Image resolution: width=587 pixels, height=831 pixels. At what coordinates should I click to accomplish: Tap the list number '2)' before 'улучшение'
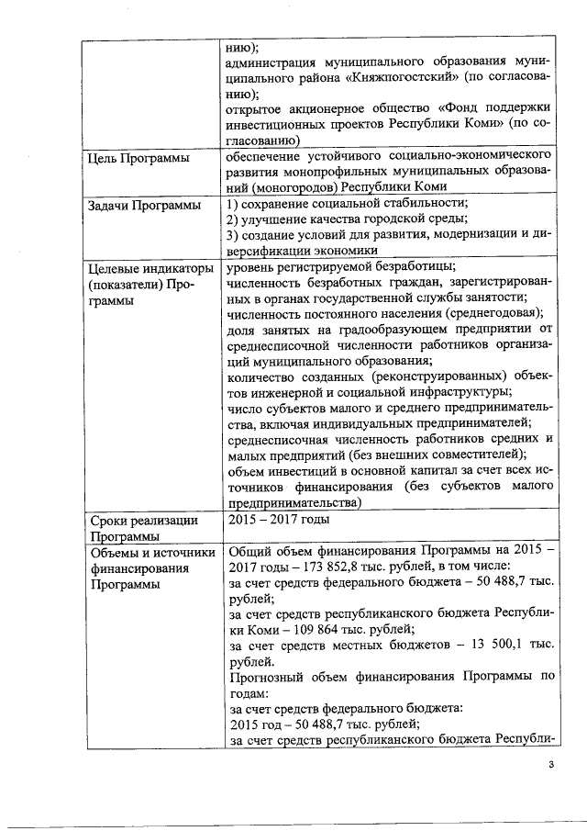pyautogui.click(x=233, y=219)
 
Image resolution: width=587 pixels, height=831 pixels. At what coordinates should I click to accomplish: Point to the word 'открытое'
pyautogui.click(x=255, y=108)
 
